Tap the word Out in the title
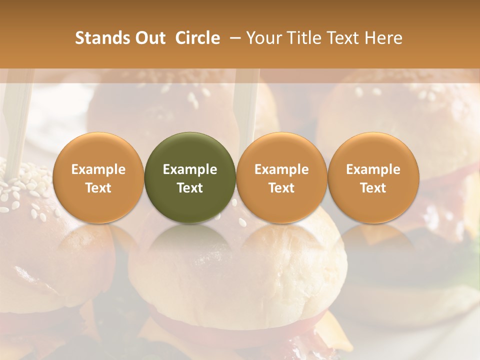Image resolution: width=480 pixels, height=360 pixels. point(150,38)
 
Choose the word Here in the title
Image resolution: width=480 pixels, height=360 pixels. point(384,38)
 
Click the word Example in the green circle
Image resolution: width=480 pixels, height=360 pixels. point(190,169)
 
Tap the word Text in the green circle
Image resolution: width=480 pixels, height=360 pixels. point(190,188)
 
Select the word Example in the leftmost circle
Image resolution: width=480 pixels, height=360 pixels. point(98,169)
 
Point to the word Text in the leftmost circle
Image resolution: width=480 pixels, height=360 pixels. point(98,188)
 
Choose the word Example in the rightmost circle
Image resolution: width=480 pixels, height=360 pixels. point(373,169)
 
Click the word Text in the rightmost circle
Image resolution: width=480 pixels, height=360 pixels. point(373,188)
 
